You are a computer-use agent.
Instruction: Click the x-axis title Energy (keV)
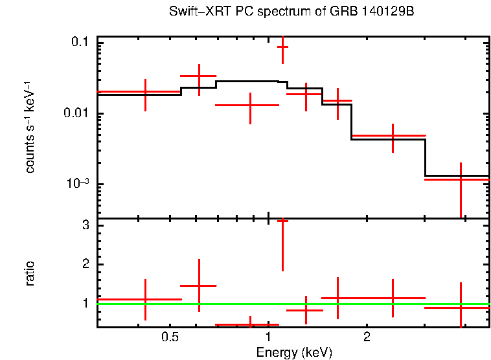[x=294, y=352]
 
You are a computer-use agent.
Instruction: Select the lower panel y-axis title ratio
[x=30, y=273]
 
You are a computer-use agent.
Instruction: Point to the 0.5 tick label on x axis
[x=170, y=337]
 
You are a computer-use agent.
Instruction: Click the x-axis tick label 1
[x=268, y=337]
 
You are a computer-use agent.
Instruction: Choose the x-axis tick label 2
[x=367, y=337]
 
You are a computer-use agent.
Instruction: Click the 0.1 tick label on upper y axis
[x=80, y=42]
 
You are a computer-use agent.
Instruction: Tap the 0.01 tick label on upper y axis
[x=76, y=114]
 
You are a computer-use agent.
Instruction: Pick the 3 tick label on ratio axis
[x=85, y=225]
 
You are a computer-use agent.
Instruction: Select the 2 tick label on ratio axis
[x=85, y=264]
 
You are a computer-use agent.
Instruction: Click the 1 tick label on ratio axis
[x=85, y=303]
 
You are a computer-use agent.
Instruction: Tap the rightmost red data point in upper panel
[x=461, y=179]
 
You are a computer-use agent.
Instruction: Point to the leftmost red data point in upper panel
[x=145, y=92]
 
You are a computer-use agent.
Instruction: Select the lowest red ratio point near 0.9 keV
[x=250, y=324]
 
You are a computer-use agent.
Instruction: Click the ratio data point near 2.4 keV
[x=393, y=298]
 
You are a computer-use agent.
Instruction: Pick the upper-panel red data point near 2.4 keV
[x=393, y=136]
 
